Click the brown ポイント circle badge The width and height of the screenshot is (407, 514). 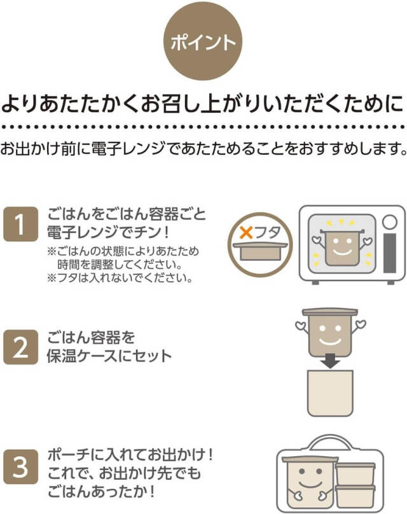point(203,43)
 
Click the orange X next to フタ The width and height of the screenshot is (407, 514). point(245,233)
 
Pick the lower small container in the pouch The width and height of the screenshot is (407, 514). point(355,496)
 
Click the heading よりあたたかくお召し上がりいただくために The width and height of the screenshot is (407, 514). point(203,103)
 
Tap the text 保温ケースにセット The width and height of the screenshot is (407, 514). point(107,356)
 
